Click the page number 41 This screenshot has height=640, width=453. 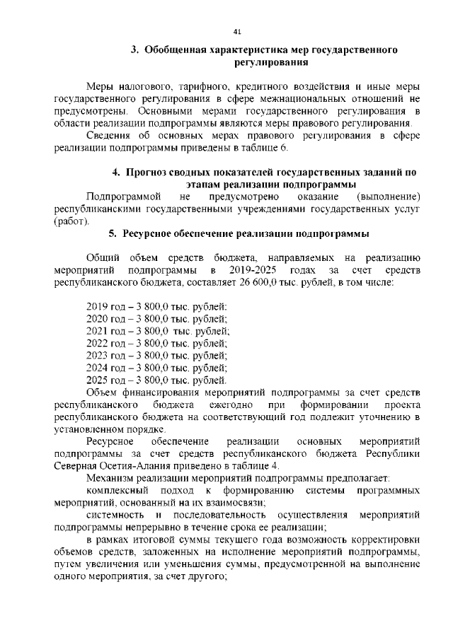(x=237, y=31)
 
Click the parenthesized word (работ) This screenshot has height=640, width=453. (x=71, y=221)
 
